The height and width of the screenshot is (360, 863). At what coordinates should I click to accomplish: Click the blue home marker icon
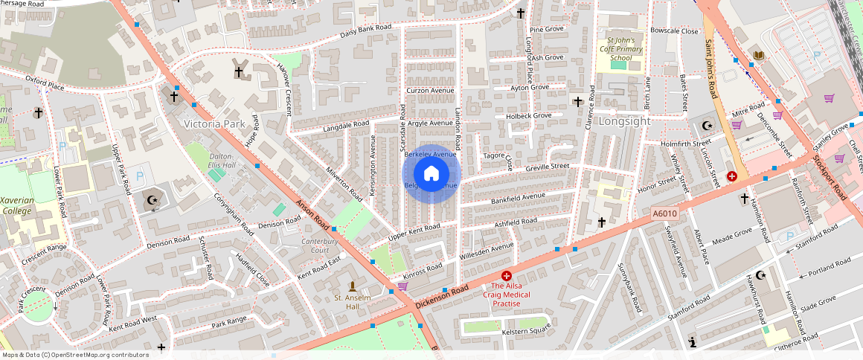click(431, 173)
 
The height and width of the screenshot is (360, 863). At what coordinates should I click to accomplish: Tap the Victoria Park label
click(214, 123)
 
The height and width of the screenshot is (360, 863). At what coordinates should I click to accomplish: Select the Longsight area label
click(625, 121)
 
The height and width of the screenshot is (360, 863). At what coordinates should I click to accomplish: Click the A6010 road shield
click(664, 214)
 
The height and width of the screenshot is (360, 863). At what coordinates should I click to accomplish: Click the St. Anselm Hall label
click(353, 302)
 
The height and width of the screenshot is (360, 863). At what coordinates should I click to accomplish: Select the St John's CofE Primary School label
click(620, 48)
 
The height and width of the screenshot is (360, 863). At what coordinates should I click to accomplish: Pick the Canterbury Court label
click(320, 245)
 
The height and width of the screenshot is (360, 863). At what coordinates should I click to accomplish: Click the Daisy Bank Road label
click(366, 30)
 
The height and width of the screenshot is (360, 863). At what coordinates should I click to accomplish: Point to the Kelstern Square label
click(526, 332)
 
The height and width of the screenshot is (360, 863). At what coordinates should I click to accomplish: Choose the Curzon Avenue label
click(430, 91)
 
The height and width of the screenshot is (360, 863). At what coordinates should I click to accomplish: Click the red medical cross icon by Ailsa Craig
click(507, 276)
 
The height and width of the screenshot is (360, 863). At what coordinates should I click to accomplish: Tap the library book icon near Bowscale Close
click(758, 56)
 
